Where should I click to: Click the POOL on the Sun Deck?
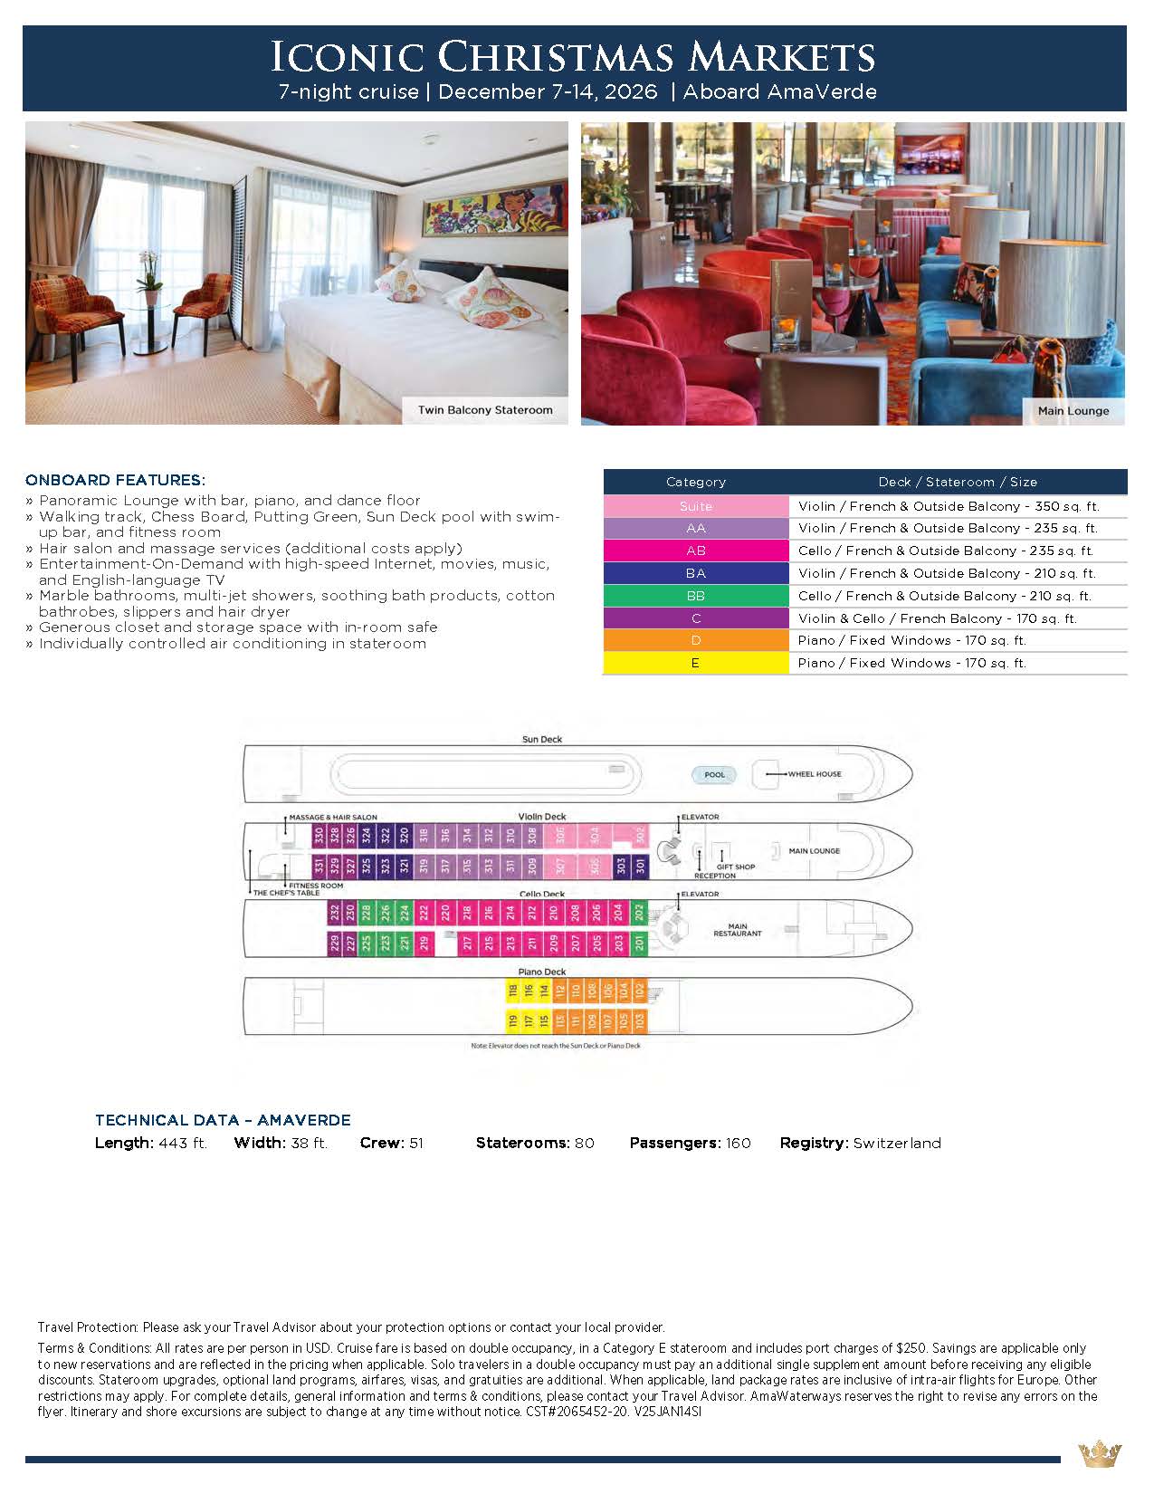coord(714,775)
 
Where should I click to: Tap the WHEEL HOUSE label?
coord(814,774)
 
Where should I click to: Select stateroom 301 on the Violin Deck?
coord(641,866)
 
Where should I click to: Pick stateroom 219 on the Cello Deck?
coord(424,943)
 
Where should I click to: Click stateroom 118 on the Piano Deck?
coord(513,991)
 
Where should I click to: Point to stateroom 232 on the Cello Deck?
coord(335,912)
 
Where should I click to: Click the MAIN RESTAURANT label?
coord(738,930)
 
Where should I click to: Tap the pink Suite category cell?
coord(695,506)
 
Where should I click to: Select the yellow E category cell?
coord(695,663)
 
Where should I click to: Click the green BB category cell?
coord(695,596)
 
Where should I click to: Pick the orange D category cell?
coord(695,640)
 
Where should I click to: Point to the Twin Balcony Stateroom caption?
coord(485,410)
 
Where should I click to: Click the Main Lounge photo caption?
coord(1073,411)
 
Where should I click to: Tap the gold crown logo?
coord(1100,1455)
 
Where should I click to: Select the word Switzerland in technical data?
coord(897,1144)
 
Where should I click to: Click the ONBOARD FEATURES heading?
coord(115,480)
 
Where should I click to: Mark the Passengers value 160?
coord(738,1144)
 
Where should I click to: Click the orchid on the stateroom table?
coord(149,270)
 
